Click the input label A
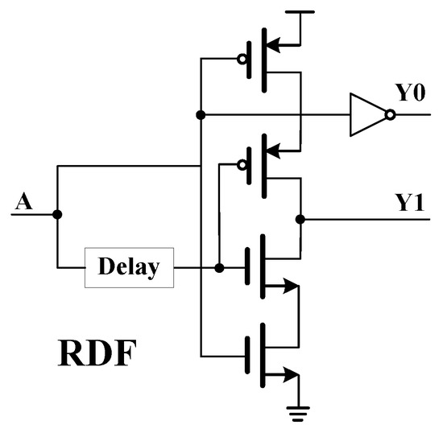coord(24,200)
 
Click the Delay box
coord(129,267)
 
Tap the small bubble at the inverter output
coord(390,115)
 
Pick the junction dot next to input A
coord(57,215)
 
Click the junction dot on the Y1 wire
coord(300,218)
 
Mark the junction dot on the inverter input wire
coord(200,115)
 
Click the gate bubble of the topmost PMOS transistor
coord(241,59)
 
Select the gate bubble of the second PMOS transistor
coord(241,165)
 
